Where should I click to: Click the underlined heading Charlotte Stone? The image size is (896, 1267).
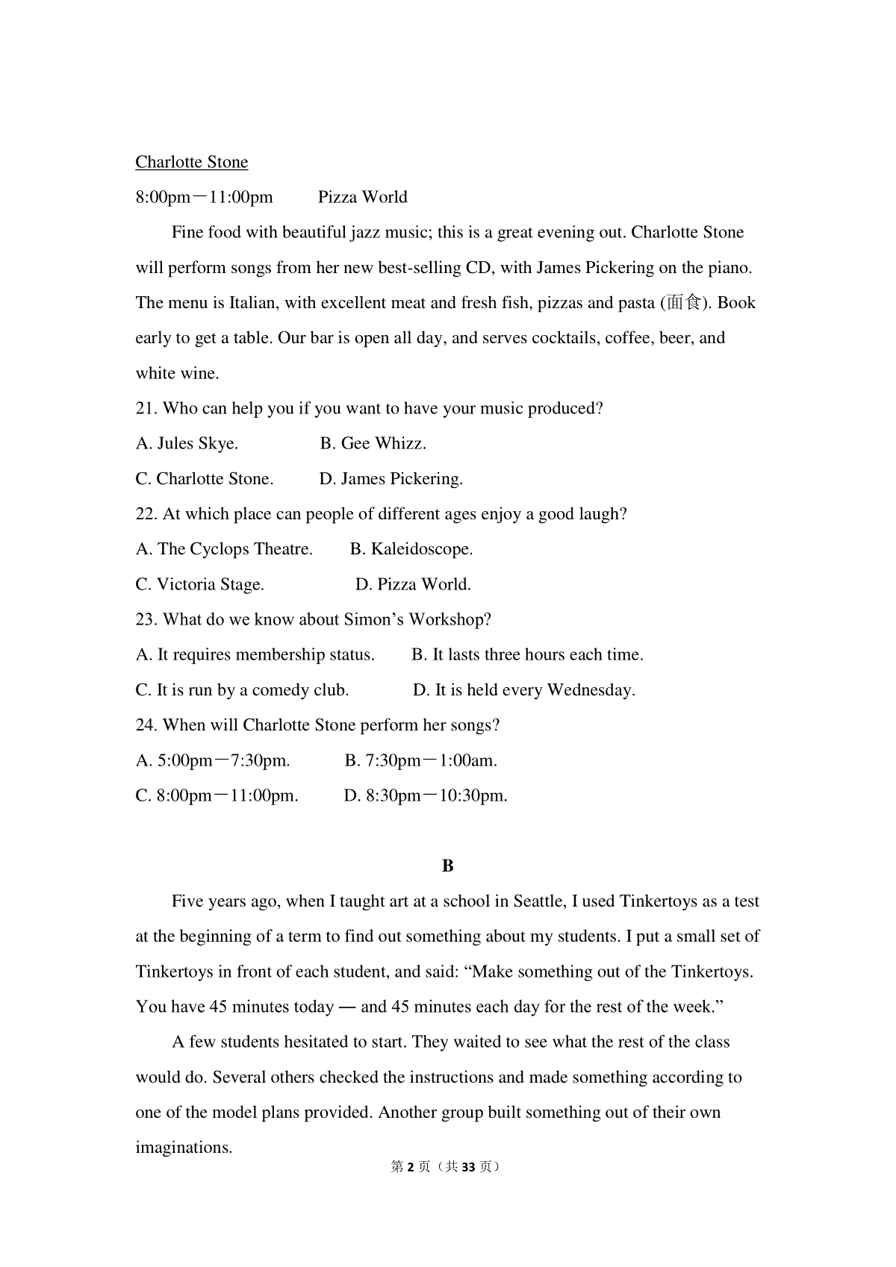pyautogui.click(x=191, y=163)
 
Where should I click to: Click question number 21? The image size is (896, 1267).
pyautogui.click(x=146, y=409)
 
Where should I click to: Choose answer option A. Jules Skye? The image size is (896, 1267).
pyautogui.click(x=187, y=444)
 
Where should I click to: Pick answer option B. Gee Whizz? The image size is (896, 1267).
pyautogui.click(x=373, y=444)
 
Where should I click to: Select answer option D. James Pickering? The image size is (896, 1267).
pyautogui.click(x=391, y=479)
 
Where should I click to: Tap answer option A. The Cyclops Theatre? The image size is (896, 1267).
pyautogui.click(x=224, y=549)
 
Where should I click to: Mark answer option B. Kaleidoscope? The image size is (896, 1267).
pyautogui.click(x=411, y=549)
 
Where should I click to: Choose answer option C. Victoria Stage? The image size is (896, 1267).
pyautogui.click(x=199, y=584)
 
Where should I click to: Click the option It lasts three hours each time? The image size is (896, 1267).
pyautogui.click(x=527, y=655)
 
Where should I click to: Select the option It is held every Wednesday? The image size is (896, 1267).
pyautogui.click(x=524, y=690)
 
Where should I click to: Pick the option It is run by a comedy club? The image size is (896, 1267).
pyautogui.click(x=242, y=690)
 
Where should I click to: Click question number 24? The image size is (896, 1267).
pyautogui.click(x=146, y=725)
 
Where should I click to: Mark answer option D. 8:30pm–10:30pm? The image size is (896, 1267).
pyautogui.click(x=426, y=796)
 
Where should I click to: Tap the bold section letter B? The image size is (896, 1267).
pyautogui.click(x=448, y=866)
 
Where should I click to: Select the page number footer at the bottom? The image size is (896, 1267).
pyautogui.click(x=446, y=1167)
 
